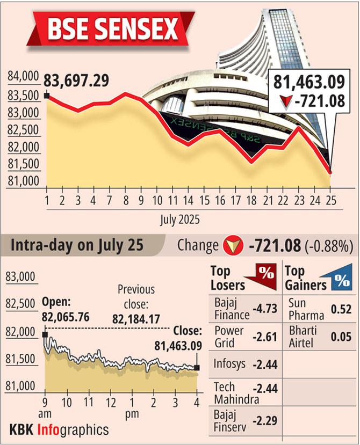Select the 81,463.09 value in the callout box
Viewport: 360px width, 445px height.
click(x=307, y=83)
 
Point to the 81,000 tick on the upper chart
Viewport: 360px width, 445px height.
click(x=23, y=181)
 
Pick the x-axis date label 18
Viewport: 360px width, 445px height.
click(x=250, y=201)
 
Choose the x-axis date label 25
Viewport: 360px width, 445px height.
click(x=329, y=201)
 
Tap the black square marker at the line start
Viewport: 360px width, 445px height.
click(x=47, y=96)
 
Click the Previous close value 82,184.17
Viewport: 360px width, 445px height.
click(x=136, y=319)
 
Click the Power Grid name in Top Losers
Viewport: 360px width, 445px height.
click(x=229, y=337)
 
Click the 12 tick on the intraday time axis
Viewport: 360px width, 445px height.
click(x=110, y=403)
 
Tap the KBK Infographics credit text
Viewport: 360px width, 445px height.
click(x=59, y=429)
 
